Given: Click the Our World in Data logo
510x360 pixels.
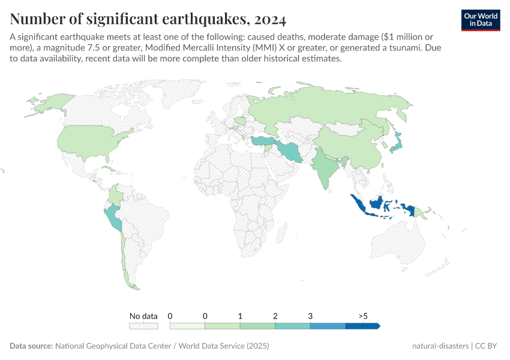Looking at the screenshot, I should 480,20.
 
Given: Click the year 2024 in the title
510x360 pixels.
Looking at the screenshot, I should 270,19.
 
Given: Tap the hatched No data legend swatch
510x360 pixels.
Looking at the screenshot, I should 143,326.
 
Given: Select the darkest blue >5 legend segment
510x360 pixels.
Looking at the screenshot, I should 362,326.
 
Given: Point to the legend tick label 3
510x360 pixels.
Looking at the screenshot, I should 310,316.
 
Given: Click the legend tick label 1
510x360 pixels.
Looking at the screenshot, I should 240,316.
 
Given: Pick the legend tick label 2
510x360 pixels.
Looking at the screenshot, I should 275,316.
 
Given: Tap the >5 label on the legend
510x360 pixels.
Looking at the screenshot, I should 363,316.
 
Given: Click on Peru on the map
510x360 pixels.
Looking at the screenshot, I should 113,219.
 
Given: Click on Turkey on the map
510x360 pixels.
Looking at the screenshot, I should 262,142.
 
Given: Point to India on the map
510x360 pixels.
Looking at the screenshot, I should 324,168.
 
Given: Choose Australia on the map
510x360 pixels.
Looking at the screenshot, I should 399,246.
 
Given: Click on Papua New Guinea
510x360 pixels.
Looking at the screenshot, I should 420,211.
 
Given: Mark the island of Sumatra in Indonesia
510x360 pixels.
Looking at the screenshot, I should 358,205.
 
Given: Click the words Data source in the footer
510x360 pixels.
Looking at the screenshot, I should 31,346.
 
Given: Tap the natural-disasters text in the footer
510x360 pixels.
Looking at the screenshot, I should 440,346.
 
